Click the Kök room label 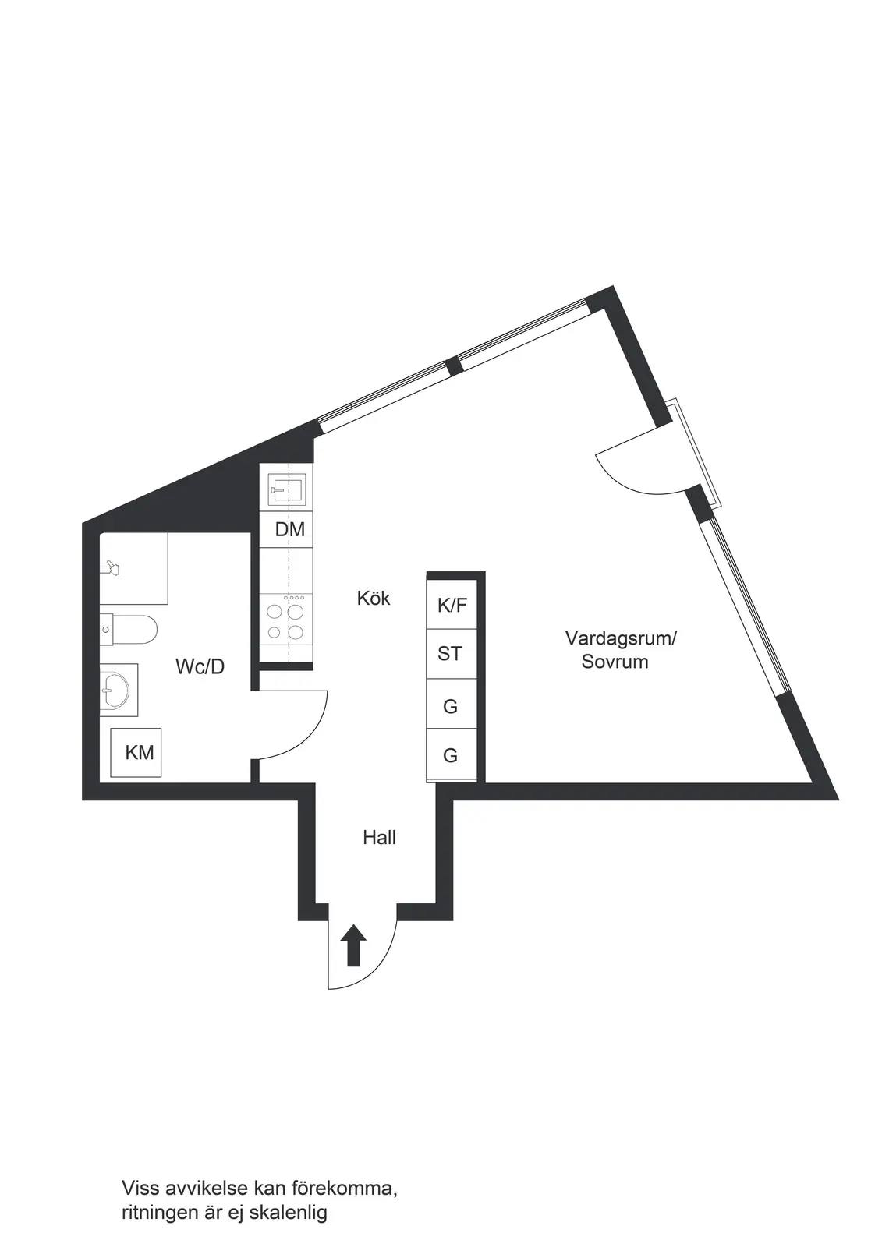pos(374,599)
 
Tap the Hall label pos(379,837)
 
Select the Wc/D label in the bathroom pos(200,666)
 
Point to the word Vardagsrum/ pos(621,638)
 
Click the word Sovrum pos(615,662)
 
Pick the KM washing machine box pos(136,753)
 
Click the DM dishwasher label pos(290,529)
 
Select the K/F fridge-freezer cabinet pos(452,605)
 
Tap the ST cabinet pos(452,654)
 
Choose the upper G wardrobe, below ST pos(452,704)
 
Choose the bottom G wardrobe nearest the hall pos(452,754)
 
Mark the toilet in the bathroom pos(129,630)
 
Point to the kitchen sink pos(286,489)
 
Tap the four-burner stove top pos(286,620)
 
